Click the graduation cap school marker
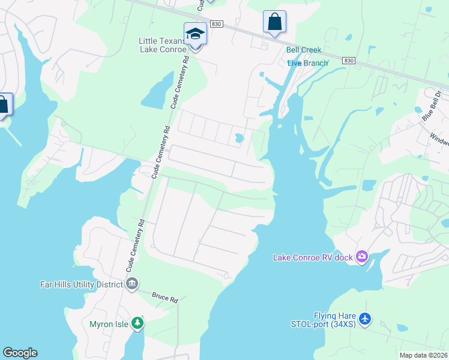[196, 34]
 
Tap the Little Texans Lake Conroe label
[163, 45]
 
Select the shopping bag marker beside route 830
[274, 22]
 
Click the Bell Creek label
[304, 50]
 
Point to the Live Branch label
[307, 63]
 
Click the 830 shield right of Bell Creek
[349, 61]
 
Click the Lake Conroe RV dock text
[312, 257]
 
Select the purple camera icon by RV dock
[361, 257]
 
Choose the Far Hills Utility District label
[82, 283]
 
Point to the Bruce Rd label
[165, 298]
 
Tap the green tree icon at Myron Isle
[137, 324]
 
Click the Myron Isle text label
[108, 324]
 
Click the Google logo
[20, 353]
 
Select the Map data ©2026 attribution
[423, 355]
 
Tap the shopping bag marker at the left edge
[4, 105]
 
